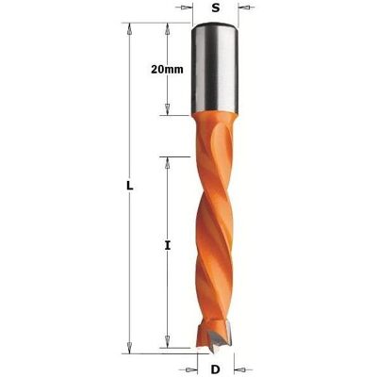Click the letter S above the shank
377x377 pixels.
point(215,8)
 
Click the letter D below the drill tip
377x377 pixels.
point(215,369)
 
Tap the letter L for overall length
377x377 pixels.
point(130,186)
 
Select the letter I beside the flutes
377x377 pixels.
point(168,246)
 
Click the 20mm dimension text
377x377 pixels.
point(167,69)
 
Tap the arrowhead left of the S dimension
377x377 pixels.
point(186,8)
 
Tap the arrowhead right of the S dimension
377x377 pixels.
point(245,8)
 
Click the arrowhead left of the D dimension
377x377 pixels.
point(191,369)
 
